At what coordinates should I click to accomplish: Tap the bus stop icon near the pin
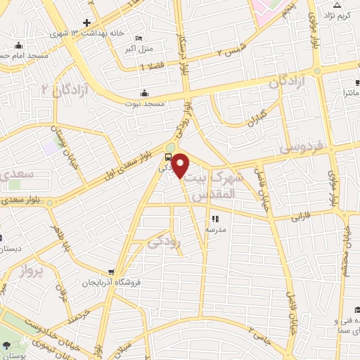coord(168,157)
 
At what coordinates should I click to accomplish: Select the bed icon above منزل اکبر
coord(139,38)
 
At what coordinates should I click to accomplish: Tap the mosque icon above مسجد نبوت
coord(145,93)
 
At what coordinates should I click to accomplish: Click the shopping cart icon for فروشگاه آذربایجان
coord(111,272)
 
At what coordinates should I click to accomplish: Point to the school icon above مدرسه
coord(215,219)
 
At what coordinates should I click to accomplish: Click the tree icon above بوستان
coord(6,345)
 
